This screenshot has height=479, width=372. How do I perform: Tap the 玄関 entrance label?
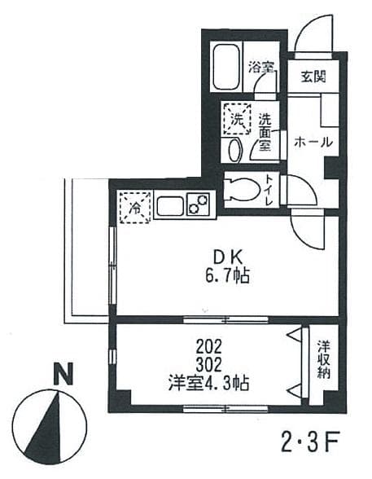313,77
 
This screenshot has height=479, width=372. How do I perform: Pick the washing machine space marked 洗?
237,118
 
